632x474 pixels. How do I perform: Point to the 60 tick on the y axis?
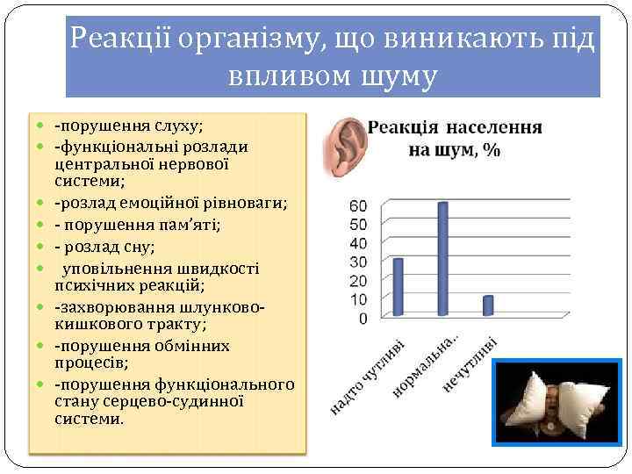tap(358, 205)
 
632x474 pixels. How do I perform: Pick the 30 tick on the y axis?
tap(358, 262)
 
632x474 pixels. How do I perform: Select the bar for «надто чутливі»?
tap(398, 286)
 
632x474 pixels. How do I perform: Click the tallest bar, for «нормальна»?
tap(442, 258)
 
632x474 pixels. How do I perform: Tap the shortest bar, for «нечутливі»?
tap(488, 305)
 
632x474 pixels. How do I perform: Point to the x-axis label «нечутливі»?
tap(470, 363)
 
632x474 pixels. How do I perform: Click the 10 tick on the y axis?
tap(358, 299)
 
